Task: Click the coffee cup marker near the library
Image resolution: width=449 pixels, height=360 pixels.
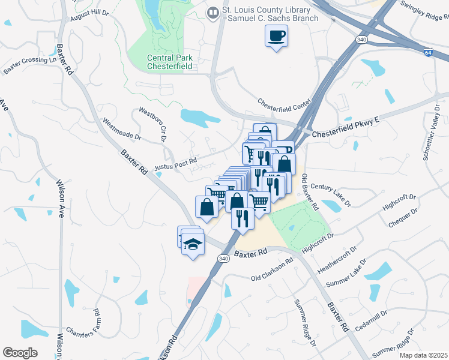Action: [x=276, y=36]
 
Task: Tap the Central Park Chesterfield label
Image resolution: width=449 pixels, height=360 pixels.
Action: [x=170, y=62]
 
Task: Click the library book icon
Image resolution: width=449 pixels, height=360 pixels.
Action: [x=212, y=13]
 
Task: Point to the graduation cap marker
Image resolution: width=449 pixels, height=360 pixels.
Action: [x=193, y=244]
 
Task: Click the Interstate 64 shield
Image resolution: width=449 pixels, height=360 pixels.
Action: [x=427, y=53]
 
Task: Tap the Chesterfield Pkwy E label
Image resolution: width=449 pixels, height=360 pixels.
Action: [x=346, y=128]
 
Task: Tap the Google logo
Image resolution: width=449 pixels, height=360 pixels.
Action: [x=20, y=353]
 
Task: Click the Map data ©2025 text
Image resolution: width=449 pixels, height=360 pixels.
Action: [x=423, y=355]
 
